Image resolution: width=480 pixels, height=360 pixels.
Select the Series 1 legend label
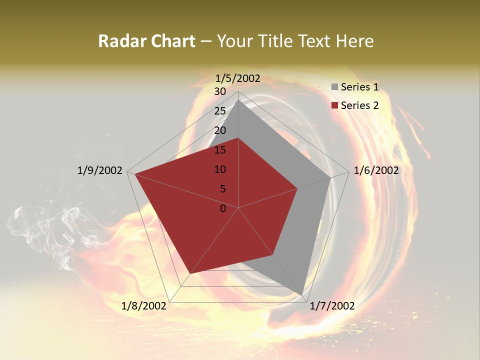pyautogui.click(x=359, y=87)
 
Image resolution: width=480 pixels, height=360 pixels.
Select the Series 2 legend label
pyautogui.click(x=359, y=105)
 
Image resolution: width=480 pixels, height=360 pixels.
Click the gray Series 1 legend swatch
pyautogui.click(x=334, y=87)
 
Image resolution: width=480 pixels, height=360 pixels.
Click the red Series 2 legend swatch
pyautogui.click(x=334, y=105)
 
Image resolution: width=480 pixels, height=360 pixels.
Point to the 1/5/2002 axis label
pyautogui.click(x=238, y=78)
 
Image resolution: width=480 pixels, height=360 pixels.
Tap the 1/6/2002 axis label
pyautogui.click(x=376, y=170)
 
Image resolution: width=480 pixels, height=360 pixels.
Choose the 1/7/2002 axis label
pyautogui.click(x=332, y=305)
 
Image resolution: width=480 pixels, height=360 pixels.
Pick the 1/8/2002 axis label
pyautogui.click(x=144, y=305)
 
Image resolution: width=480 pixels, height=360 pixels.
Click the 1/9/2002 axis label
pyautogui.click(x=100, y=170)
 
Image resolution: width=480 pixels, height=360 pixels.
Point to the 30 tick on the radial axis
pyautogui.click(x=220, y=91)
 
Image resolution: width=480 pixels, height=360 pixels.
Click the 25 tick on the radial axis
pyautogui.click(x=220, y=111)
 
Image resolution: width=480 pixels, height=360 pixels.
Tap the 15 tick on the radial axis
pyautogui.click(x=220, y=150)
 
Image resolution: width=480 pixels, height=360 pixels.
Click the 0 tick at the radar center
pyautogui.click(x=223, y=208)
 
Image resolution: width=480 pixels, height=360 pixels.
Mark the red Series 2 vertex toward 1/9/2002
pyautogui.click(x=135, y=174)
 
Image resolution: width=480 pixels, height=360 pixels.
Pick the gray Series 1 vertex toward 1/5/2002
pyautogui.click(x=238, y=100)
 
